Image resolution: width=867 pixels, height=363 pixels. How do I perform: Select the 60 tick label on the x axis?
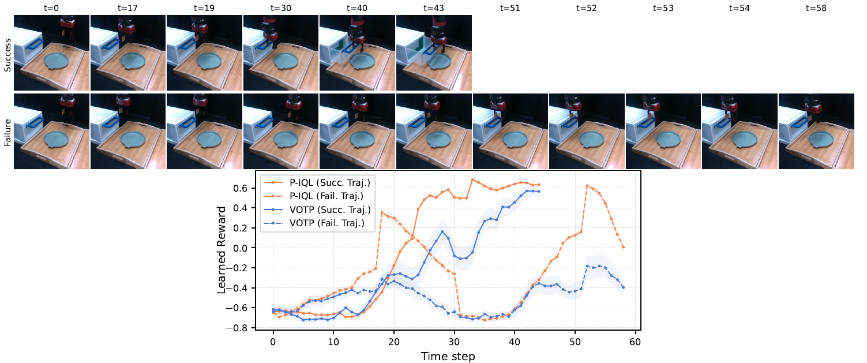(x=635, y=342)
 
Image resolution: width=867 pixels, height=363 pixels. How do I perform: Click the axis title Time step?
(x=448, y=357)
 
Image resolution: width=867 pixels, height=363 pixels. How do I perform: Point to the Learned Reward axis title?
(x=221, y=250)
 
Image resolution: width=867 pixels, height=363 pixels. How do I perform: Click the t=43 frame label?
(x=434, y=8)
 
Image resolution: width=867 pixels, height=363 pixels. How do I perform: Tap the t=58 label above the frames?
(x=816, y=8)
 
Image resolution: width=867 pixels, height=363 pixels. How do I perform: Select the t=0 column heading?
(x=51, y=8)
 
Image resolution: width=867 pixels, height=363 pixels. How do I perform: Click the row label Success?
(x=7, y=55)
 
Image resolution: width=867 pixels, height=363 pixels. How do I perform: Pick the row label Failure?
(x=7, y=133)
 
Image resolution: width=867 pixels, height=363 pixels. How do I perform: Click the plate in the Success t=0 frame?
(x=56, y=61)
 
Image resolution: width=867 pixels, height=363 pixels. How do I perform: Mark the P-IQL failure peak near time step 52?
(x=587, y=186)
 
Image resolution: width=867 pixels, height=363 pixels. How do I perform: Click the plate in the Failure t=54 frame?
(x=744, y=139)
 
